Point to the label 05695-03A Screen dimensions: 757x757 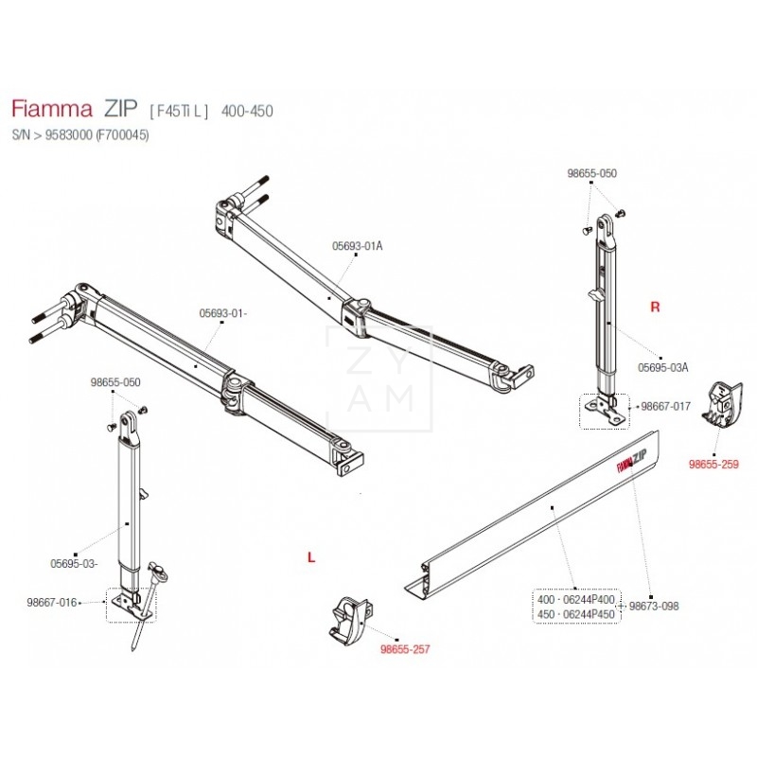[662, 367]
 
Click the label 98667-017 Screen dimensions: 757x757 [666, 406]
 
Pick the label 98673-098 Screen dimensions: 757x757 [654, 606]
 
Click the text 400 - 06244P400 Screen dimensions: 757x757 [575, 600]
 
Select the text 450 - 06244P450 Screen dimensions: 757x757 [575, 613]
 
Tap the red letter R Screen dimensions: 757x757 [654, 308]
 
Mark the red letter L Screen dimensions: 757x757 [310, 558]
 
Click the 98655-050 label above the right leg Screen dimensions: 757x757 [591, 174]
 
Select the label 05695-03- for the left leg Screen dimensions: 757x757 [75, 563]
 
